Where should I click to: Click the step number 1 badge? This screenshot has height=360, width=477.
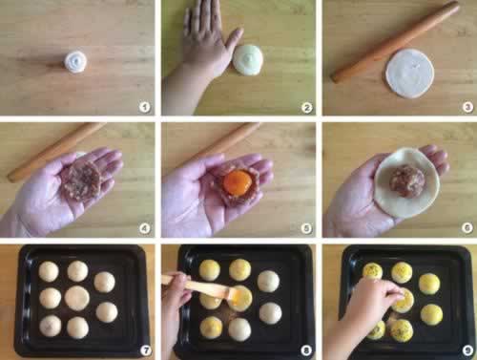coord(145,107)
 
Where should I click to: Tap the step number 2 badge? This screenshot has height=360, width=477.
coord(306,108)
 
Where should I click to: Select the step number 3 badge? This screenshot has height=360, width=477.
coord(467,107)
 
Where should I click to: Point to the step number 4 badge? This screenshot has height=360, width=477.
coord(145,228)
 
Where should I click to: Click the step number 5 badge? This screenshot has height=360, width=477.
coord(306,228)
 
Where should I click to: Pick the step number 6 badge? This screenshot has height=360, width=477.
coord(467,228)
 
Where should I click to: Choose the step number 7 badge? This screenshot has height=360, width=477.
coord(146,350)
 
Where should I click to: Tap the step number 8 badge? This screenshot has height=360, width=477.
coord(306,350)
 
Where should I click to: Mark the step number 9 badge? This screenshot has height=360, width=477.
coord(467,350)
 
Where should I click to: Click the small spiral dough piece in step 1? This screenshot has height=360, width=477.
coord(76,62)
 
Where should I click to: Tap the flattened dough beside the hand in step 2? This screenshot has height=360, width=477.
coord(248,60)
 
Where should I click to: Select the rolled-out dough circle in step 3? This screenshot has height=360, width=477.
coord(410,74)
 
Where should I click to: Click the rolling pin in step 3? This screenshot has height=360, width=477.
coord(395,41)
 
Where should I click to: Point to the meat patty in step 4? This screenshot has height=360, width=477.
coord(81,180)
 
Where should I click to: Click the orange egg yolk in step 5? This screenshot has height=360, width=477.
coord(238,182)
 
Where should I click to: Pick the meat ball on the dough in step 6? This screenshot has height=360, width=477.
coord(407,181)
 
